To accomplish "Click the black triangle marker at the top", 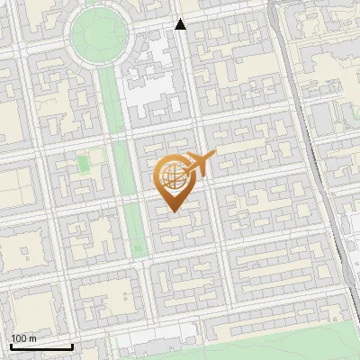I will click(180, 24).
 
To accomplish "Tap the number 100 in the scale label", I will click(19, 337).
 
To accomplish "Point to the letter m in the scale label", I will click(32, 337).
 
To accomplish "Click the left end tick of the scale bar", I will click(11, 346).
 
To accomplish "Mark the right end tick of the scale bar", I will click(72, 346).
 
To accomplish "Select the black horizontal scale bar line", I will click(41, 347).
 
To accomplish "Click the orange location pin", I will click(173, 183).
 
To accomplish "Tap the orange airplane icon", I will click(199, 166).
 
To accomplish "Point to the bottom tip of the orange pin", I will click(173, 211).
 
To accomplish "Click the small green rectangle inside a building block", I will click(84, 164).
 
